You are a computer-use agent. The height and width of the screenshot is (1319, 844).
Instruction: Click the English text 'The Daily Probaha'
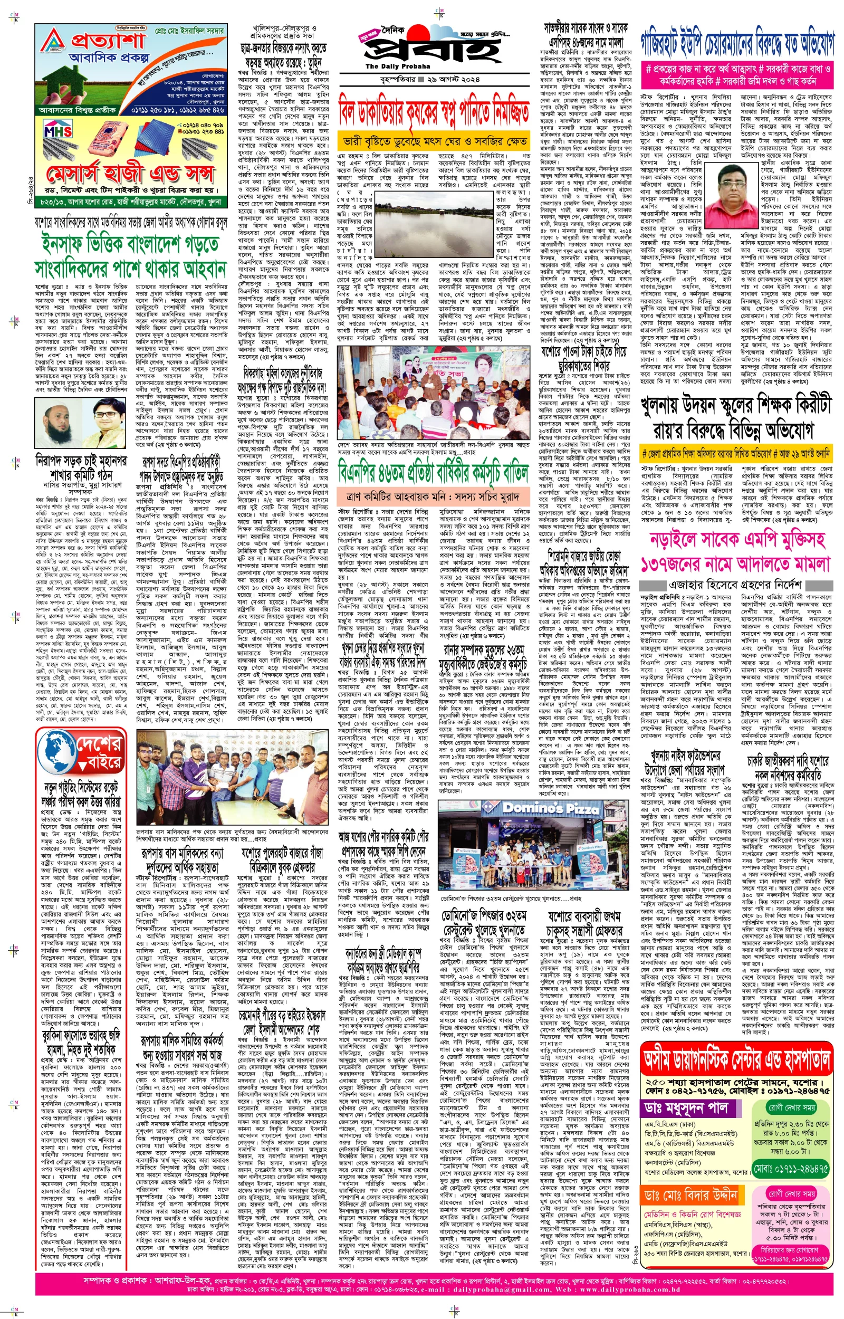point(390,66)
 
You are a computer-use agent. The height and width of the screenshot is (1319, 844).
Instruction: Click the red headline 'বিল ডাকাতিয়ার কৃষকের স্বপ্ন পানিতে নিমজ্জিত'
point(433,109)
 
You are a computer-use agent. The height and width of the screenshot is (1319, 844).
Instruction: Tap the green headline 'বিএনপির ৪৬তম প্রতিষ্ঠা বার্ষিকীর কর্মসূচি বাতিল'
point(433,472)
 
